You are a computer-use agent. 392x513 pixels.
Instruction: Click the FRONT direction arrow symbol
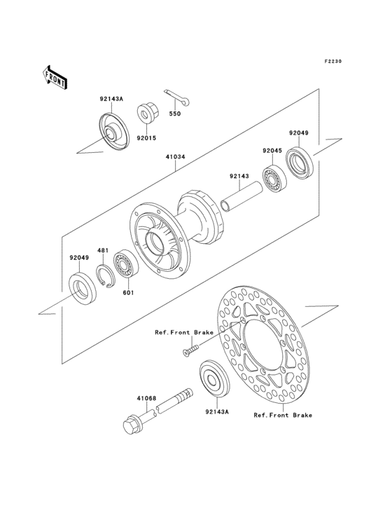pos(55,76)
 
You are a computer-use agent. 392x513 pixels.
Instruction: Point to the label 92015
pos(146,138)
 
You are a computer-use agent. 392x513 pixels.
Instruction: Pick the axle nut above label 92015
pos(146,112)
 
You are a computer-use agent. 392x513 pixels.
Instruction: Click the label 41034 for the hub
pos(175,158)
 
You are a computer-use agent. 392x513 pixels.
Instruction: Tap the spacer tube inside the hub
pos(241,196)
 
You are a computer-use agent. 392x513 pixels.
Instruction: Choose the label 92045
pos(272,151)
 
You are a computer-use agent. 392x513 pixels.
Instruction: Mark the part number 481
pos(102,250)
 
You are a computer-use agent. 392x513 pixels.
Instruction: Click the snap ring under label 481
pos(104,276)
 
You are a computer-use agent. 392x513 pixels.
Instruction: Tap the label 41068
pos(146,398)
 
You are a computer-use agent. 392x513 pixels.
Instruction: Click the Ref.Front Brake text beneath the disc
pos(283,415)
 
